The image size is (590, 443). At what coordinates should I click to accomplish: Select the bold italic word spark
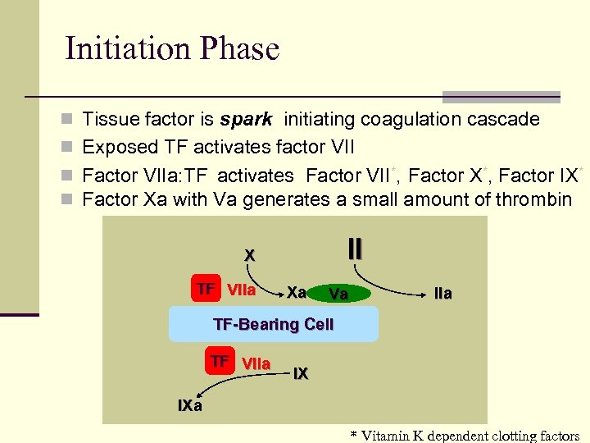coord(246,120)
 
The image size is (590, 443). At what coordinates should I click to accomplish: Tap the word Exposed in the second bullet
coord(121,148)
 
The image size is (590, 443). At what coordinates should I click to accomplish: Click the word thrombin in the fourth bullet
coord(532,199)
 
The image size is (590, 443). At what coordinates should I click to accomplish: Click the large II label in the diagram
coord(355,248)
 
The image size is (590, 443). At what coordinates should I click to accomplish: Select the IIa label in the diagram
coord(442,294)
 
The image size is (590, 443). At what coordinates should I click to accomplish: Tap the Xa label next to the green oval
coord(297,292)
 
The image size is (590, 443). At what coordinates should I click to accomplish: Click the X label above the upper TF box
coord(249,255)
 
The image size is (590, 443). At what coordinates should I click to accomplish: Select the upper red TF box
coord(206,289)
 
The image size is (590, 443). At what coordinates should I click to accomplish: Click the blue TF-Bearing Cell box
coord(273,324)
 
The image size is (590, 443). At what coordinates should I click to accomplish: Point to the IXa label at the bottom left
coord(190,405)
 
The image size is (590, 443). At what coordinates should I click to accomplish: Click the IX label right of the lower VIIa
coord(301,374)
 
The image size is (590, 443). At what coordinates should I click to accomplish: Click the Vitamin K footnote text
coord(465,436)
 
